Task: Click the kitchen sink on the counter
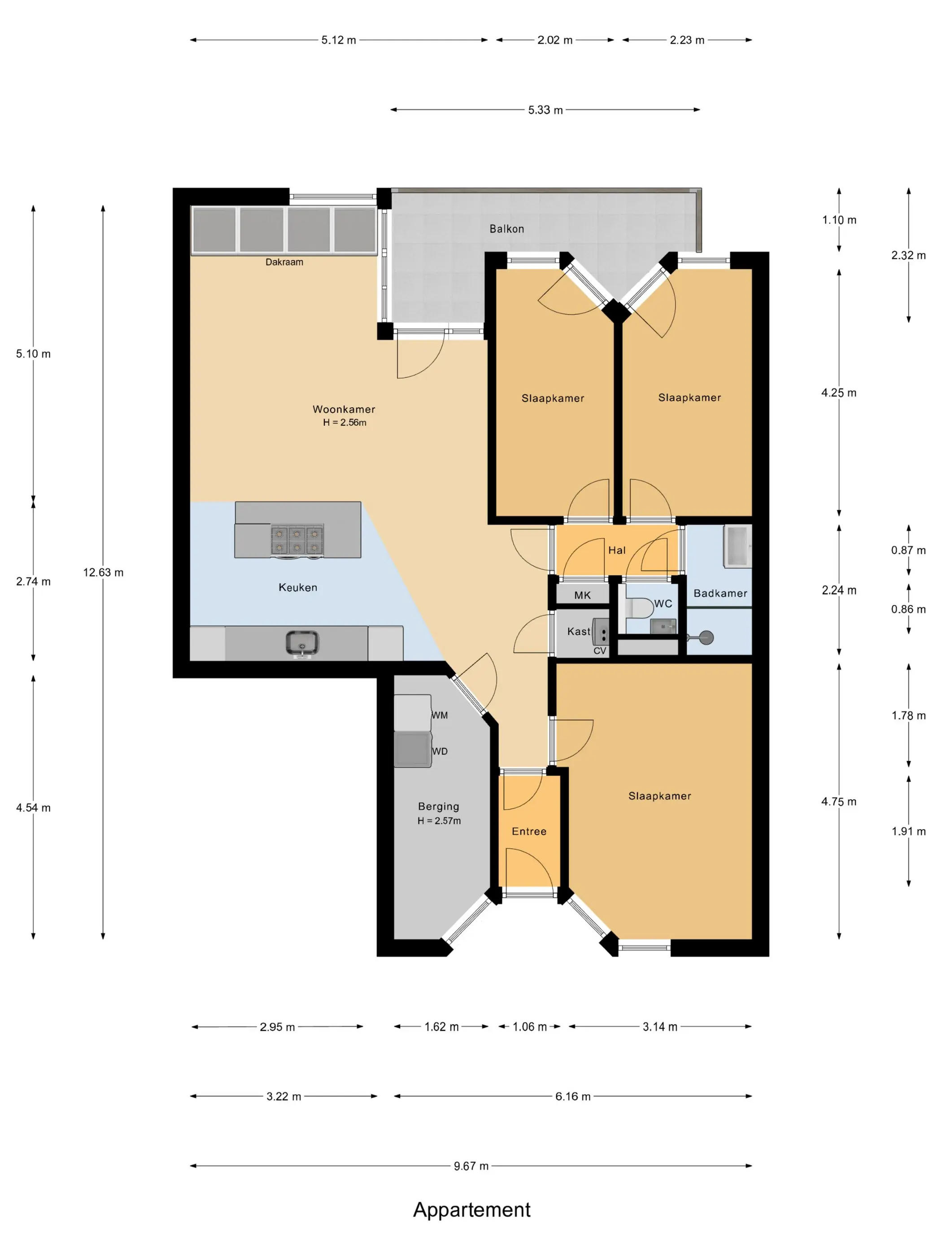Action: click(x=301, y=644)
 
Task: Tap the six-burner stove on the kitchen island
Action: click(x=297, y=540)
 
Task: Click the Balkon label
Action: click(x=506, y=229)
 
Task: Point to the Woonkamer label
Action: click(x=344, y=410)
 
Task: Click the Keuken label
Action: click(x=297, y=588)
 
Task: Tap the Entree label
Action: click(x=528, y=831)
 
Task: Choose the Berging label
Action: click(x=438, y=806)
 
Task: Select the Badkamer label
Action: click(x=720, y=593)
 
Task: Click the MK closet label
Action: click(x=582, y=595)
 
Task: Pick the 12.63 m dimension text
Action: click(x=103, y=572)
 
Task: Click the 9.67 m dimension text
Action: click(x=471, y=1166)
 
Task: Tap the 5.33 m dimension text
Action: click(x=545, y=109)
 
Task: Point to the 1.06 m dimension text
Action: click(x=529, y=1027)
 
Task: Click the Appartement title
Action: click(x=471, y=1209)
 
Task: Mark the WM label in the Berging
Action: click(x=440, y=715)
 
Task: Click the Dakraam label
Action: click(x=284, y=262)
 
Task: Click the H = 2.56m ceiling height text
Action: click(x=344, y=423)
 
